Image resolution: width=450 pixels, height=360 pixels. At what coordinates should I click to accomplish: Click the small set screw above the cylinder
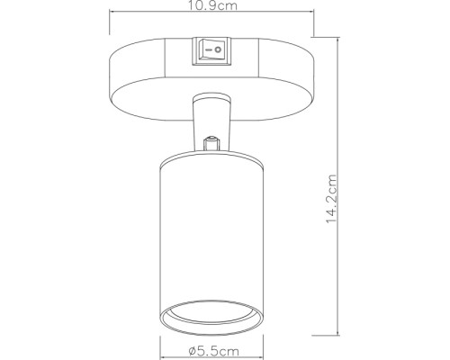213,142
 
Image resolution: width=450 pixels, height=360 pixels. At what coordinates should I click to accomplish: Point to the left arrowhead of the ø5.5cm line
164,342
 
